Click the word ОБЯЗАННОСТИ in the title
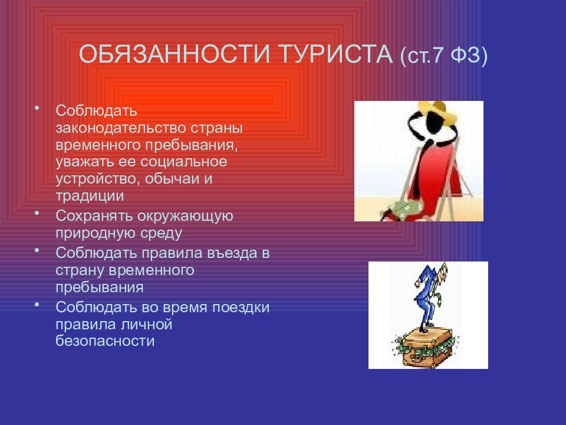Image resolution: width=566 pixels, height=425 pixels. pyautogui.click(x=175, y=54)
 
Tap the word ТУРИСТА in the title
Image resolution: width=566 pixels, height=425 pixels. pyautogui.click(x=336, y=54)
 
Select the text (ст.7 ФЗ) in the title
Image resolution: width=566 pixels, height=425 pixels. pyautogui.click(x=444, y=55)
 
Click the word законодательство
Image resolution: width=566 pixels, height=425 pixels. pyautogui.click(x=120, y=127)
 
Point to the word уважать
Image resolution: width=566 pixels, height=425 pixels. pyautogui.click(x=85, y=162)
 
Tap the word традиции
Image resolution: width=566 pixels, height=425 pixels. pyautogui.click(x=90, y=196)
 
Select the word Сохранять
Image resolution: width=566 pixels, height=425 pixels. pyautogui.click(x=94, y=216)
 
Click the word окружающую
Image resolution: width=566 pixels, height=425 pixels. pyautogui.click(x=185, y=216)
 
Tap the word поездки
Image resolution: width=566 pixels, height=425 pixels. pyautogui.click(x=241, y=308)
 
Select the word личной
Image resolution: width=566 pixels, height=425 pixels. pyautogui.click(x=147, y=324)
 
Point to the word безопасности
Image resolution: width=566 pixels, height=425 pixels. pyautogui.click(x=105, y=341)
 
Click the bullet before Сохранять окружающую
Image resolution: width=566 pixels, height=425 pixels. pyautogui.click(x=37, y=213)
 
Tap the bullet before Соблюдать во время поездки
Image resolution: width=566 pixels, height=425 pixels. pyautogui.click(x=37, y=305)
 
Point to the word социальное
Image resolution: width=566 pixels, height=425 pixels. pyautogui.click(x=184, y=162)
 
